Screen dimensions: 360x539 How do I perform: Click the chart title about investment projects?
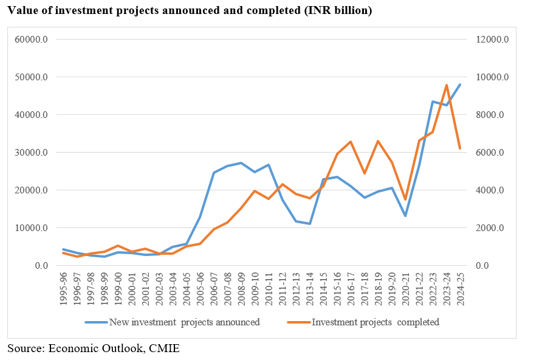click(190, 11)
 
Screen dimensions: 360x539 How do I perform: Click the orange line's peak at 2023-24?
click(447, 85)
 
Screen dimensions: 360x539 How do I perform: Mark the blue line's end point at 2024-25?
click(460, 85)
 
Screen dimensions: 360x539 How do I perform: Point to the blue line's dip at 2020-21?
click(405, 216)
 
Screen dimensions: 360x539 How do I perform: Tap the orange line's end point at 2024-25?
click(460, 148)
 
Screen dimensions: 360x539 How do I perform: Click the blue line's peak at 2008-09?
click(241, 163)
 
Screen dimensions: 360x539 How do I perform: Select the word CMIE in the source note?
click(166, 348)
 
